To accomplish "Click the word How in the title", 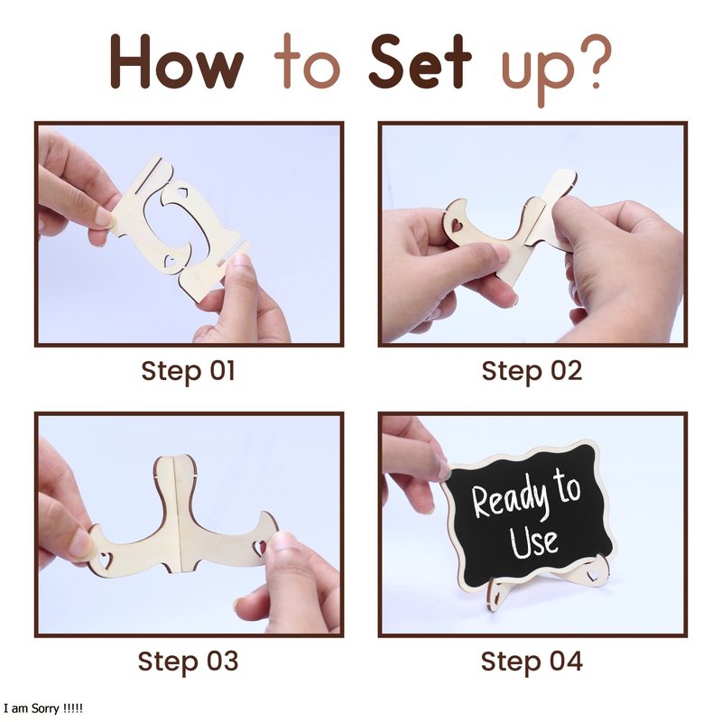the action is click(x=176, y=61).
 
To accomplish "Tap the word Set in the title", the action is click(x=420, y=61).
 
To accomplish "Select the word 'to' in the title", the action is click(x=307, y=61).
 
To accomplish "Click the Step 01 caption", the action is click(x=189, y=371).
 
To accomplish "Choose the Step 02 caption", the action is click(x=532, y=371).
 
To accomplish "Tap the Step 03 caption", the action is click(x=189, y=662).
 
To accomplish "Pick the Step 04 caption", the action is click(x=532, y=662).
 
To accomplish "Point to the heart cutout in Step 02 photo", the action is click(x=457, y=225).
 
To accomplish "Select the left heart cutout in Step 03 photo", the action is click(x=106, y=560).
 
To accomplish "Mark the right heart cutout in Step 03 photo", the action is click(x=259, y=547).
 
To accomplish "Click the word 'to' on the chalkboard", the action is click(x=567, y=486).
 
